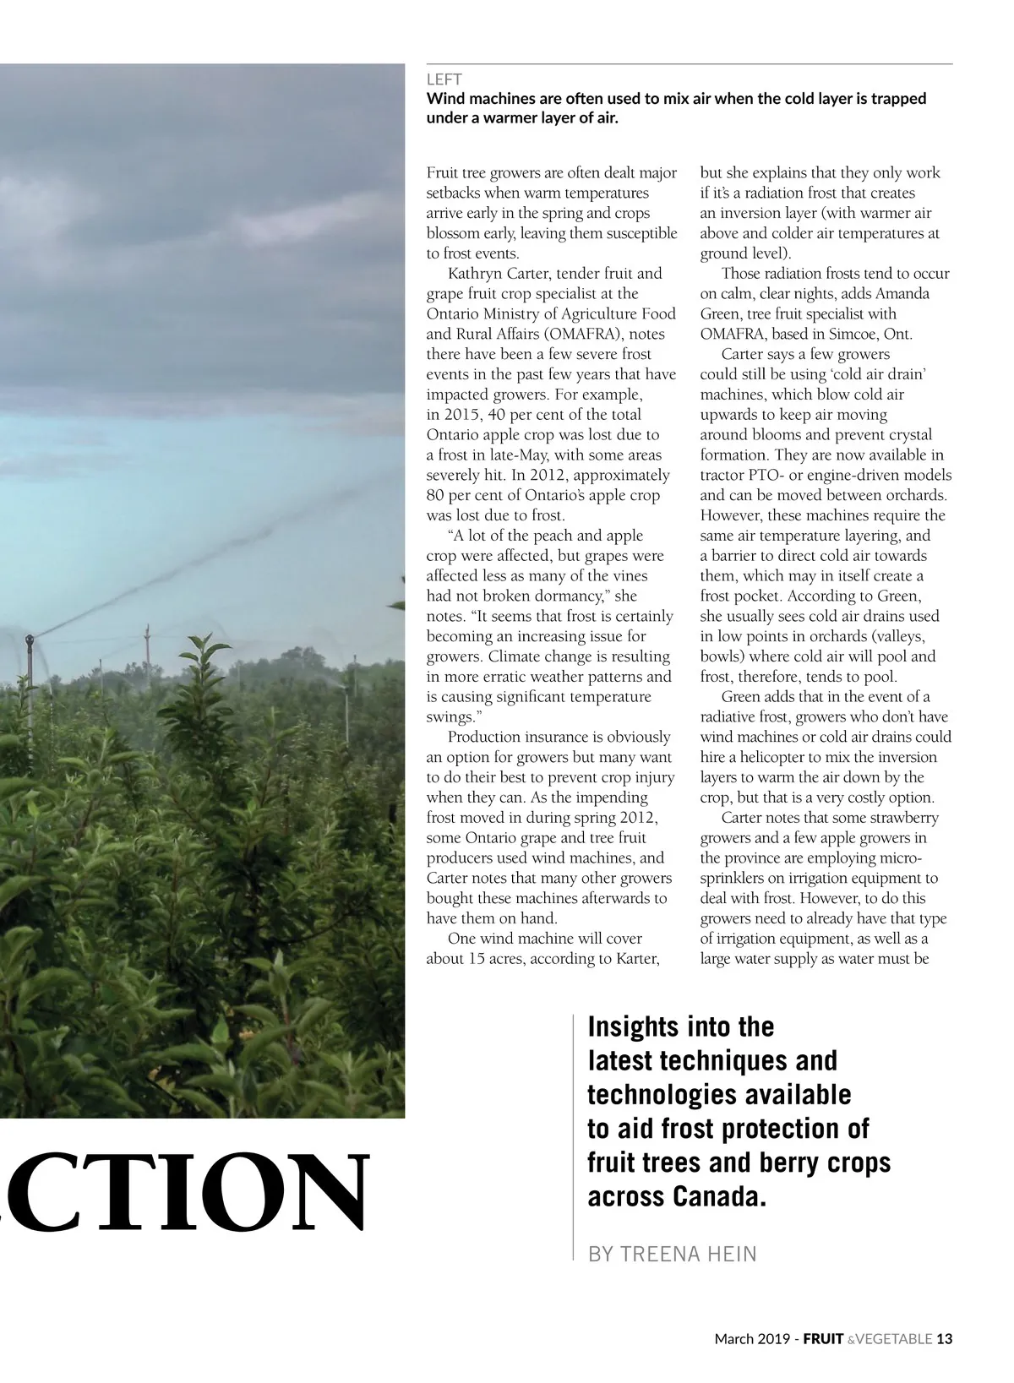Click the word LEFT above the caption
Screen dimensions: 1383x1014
444,81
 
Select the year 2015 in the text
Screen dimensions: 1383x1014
459,415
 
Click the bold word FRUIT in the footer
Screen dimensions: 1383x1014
822,1339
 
